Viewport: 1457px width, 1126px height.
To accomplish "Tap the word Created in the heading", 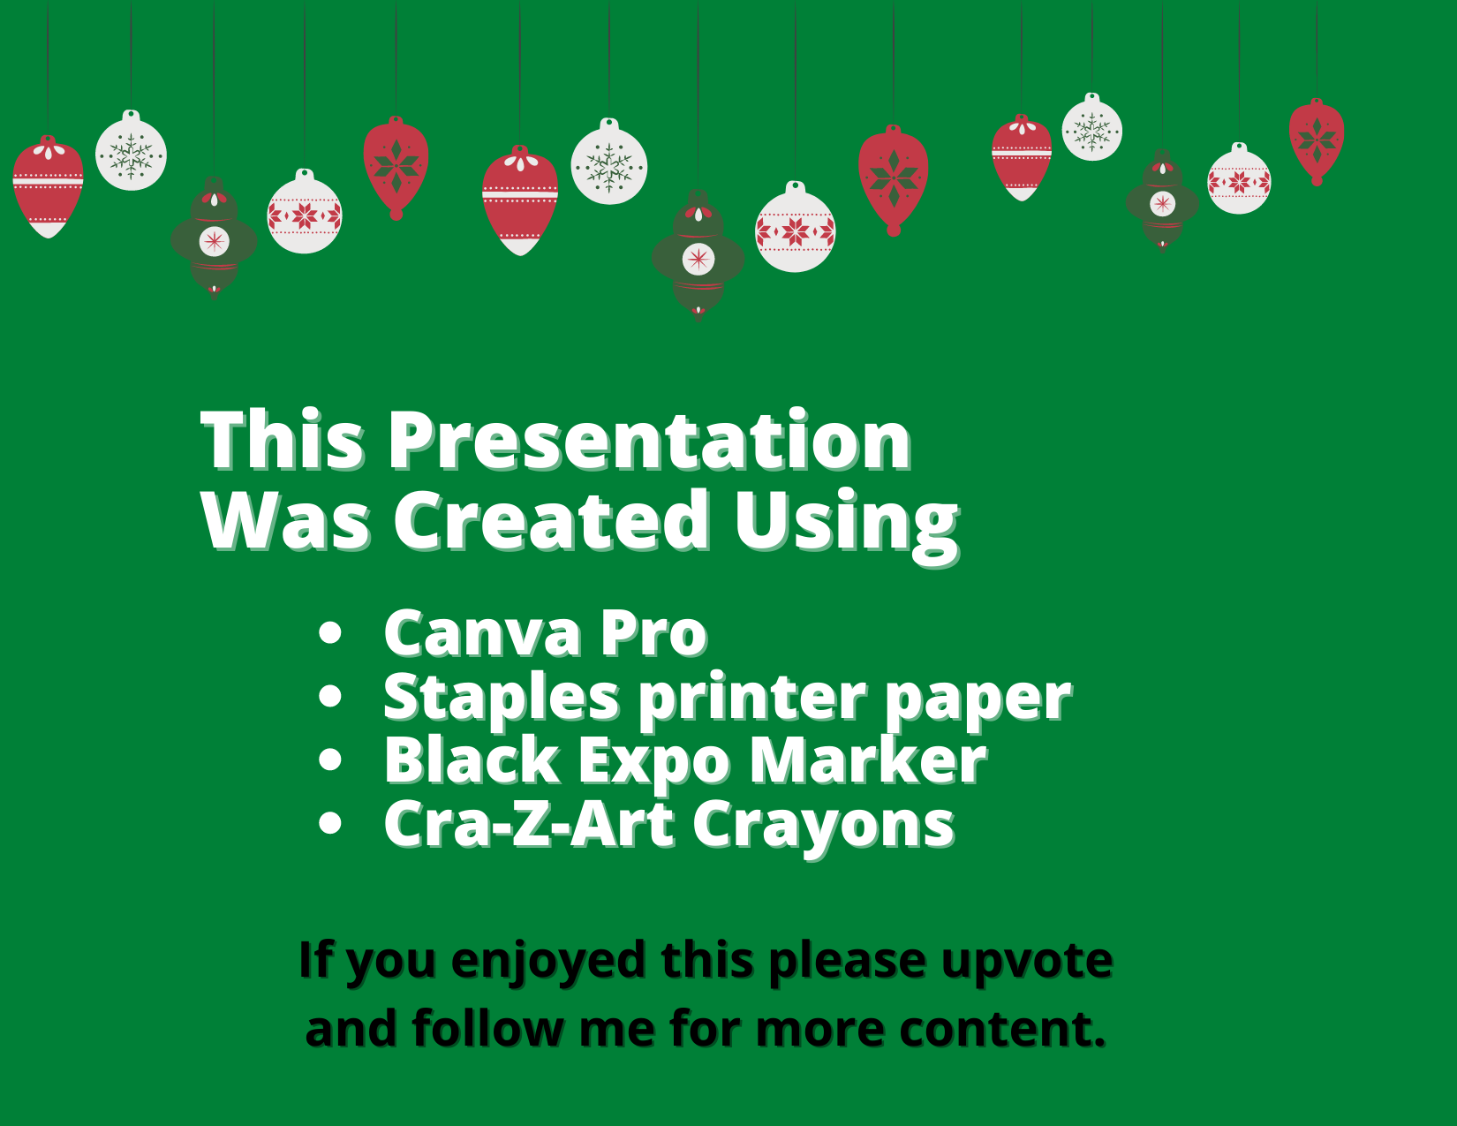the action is tap(551, 521).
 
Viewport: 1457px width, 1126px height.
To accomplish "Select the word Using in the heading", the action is tap(846, 527).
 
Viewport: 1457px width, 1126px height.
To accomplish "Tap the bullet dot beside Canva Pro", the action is tap(330, 633).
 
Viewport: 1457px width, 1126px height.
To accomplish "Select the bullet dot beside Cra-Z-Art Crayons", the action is tap(330, 823).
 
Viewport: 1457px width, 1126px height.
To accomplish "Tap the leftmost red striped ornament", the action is tap(48, 186).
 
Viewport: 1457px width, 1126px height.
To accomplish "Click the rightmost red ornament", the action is tap(1317, 141).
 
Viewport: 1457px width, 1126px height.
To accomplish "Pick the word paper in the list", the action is tap(978, 702).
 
